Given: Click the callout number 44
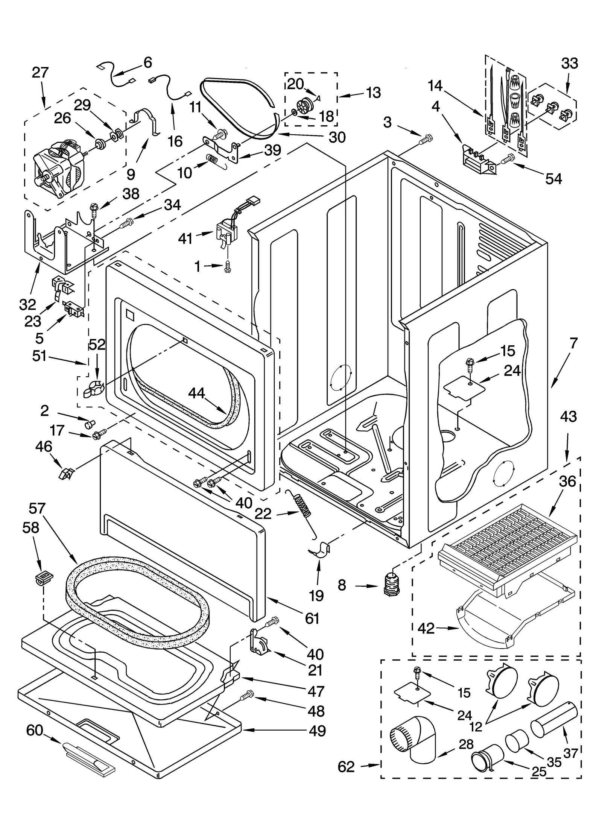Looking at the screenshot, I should (196, 393).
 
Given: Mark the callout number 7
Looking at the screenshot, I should (573, 343).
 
